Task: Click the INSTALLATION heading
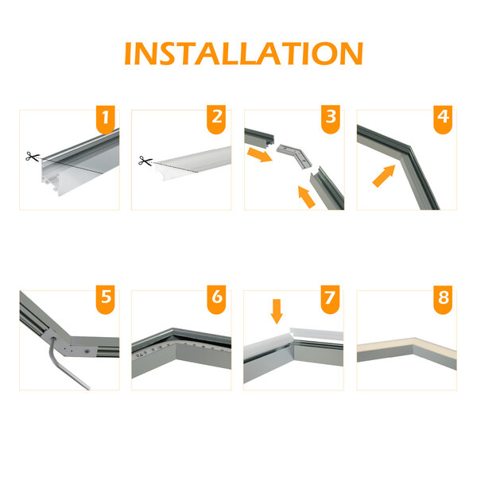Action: [x=243, y=53]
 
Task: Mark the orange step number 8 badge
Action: [x=443, y=301]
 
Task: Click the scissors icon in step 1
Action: [x=32, y=157]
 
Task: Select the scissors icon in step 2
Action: [x=144, y=161]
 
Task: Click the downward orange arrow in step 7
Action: [x=276, y=311]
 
